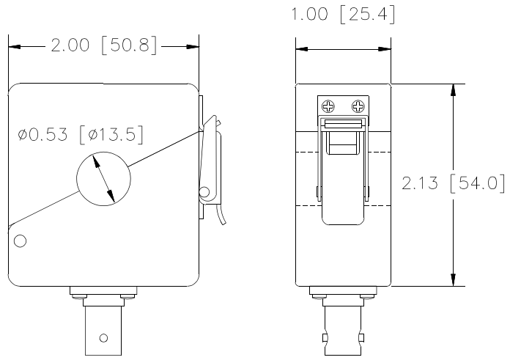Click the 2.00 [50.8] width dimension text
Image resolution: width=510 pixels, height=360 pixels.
[x=104, y=45]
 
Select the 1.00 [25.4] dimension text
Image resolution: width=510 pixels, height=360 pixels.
[x=343, y=14]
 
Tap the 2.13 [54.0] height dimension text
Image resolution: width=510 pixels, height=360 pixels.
[x=454, y=183]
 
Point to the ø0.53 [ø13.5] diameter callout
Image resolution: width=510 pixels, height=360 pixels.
[x=81, y=134]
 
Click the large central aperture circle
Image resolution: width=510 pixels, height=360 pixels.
[x=103, y=178]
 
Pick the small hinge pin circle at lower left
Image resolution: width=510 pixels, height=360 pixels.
[x=21, y=241]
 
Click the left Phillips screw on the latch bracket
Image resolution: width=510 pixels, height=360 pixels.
[x=328, y=106]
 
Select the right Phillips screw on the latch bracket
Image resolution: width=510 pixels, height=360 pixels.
[x=358, y=106]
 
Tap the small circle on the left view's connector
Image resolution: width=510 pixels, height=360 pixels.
[x=104, y=338]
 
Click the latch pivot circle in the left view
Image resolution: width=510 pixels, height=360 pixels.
[x=204, y=192]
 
